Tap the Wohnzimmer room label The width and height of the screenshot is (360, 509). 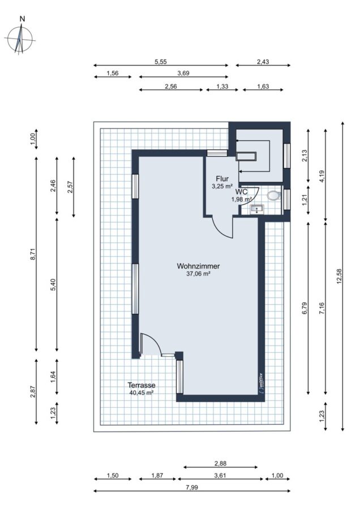pos(198,266)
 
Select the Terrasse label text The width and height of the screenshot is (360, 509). pos(142,385)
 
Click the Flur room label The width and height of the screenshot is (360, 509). pos(222,179)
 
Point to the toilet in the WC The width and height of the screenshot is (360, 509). pos(273,196)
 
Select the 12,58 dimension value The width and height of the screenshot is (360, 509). pos(340,277)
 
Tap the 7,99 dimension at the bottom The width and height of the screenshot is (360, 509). pos(192,488)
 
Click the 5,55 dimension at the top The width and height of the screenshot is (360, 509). pos(161,62)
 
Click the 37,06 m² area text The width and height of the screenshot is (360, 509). pos(198,274)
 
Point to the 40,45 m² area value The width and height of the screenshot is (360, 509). pos(142,392)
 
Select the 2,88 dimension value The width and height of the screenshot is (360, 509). pos(220,464)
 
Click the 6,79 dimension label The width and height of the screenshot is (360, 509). pos(305,308)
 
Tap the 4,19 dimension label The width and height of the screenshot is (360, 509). pos(322,175)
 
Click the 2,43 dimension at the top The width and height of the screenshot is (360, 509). pos(263,62)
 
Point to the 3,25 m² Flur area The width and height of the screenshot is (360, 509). pos(222,186)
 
